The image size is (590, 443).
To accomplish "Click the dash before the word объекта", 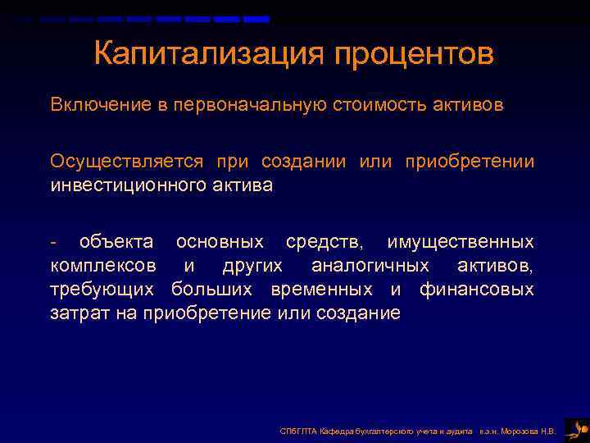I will [x=53, y=243].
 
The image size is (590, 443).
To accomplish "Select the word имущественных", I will [x=461, y=242].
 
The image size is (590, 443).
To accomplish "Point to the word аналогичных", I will [x=370, y=266].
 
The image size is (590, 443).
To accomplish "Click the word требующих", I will [x=102, y=290].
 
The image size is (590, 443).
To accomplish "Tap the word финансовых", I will [x=476, y=290].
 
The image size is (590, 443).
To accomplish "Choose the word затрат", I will [x=75, y=313].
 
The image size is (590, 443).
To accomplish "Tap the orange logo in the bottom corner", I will [x=576, y=428].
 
